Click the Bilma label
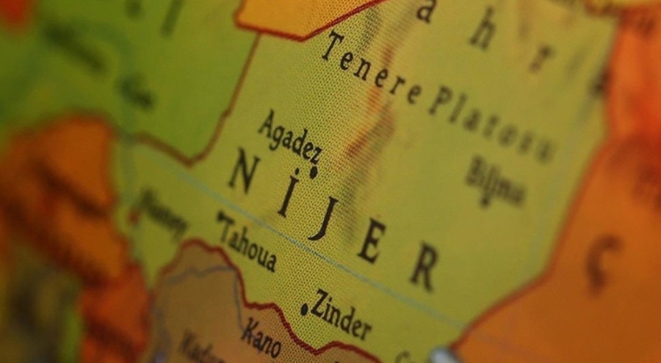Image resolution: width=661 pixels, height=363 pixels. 495,180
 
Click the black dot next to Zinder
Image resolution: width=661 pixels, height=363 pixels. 304,309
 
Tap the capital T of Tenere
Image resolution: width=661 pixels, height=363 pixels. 330,45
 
